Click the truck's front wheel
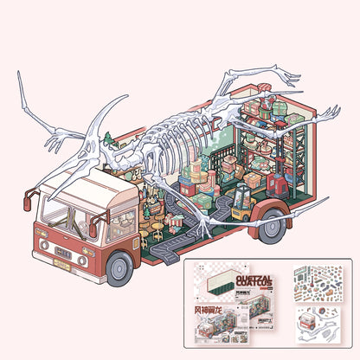119,268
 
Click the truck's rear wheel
274,227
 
